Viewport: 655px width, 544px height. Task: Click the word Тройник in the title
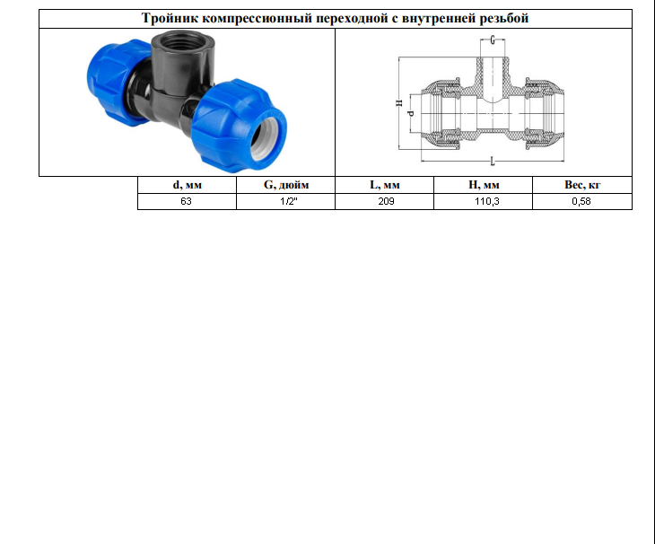tap(170, 18)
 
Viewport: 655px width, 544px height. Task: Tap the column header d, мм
tap(188, 185)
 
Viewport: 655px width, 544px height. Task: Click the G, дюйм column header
tap(286, 185)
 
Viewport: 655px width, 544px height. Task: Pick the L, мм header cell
tap(385, 185)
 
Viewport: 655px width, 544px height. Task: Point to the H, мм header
tap(484, 185)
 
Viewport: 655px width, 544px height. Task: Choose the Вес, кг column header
tap(582, 185)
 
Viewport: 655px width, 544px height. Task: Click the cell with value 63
tap(188, 201)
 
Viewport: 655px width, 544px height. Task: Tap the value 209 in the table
tap(385, 201)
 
